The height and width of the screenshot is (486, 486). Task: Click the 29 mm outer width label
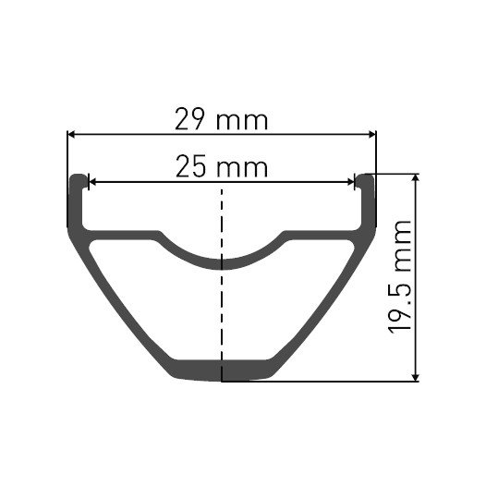222,119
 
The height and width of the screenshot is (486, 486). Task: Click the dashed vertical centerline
222,305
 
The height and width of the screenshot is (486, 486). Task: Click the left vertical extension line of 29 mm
67,152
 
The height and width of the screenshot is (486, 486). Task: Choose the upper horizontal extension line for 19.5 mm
397,172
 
